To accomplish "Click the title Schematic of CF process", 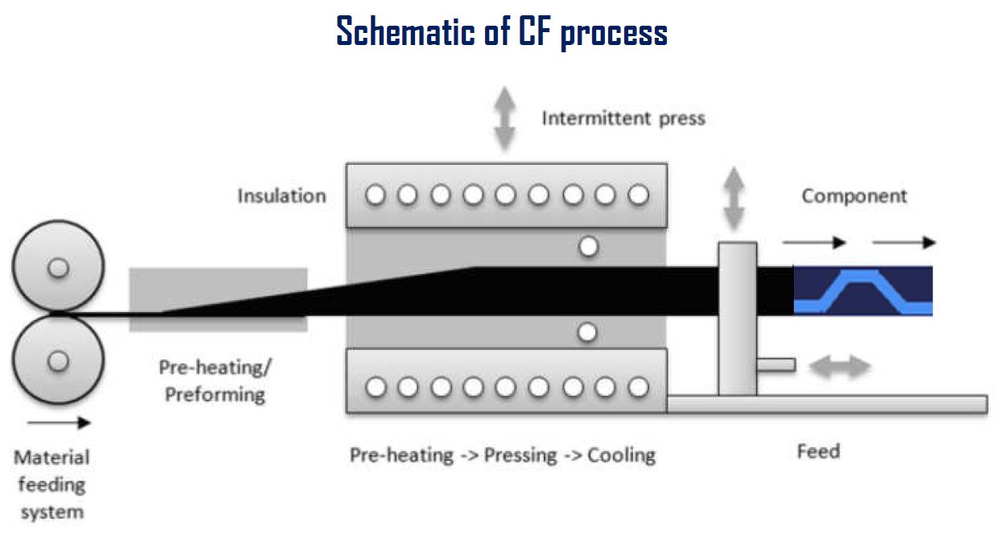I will click(x=501, y=32).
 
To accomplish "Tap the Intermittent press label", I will click(x=623, y=119).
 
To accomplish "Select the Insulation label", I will click(x=282, y=195).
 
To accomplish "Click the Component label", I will click(x=853, y=195).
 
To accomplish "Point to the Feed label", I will click(x=818, y=451).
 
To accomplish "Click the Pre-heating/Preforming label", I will click(x=216, y=381).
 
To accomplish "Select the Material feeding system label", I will click(x=51, y=484).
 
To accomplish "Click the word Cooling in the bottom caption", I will click(x=621, y=455).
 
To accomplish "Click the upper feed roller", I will click(x=58, y=268).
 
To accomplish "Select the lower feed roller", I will click(x=58, y=361).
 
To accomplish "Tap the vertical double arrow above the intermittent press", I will click(x=504, y=119).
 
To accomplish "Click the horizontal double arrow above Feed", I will click(x=839, y=367).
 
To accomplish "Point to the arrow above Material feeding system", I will click(x=60, y=423).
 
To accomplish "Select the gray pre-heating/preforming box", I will click(x=217, y=299).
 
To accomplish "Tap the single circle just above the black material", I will click(x=589, y=247).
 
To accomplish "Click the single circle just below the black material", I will click(x=588, y=331).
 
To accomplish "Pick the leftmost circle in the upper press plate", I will click(x=374, y=195).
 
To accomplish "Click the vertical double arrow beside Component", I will click(x=733, y=198).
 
